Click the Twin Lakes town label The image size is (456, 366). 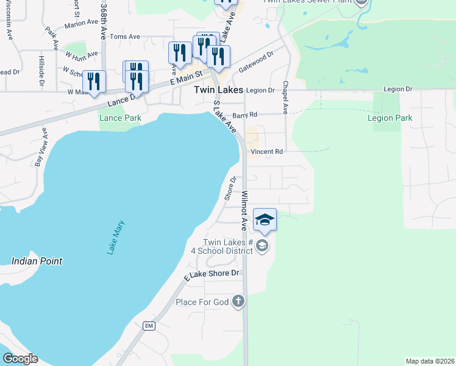pos(218,90)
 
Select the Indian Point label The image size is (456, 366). pos(37,261)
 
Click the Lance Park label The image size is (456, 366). pos(120,118)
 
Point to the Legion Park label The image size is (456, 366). pos(390,118)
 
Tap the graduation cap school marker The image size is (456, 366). pos(265,220)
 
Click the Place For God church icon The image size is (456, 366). pos(238,301)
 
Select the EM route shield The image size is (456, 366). pos(148,326)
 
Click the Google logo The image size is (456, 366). pos(21,359)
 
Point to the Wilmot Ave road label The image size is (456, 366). pos(244,211)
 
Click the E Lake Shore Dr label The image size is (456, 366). pos(213,274)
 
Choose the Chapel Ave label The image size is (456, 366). pos(285,98)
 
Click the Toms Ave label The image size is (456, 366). pos(124,37)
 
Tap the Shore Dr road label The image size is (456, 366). pos(230,188)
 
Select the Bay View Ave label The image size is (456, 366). pos(41,148)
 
